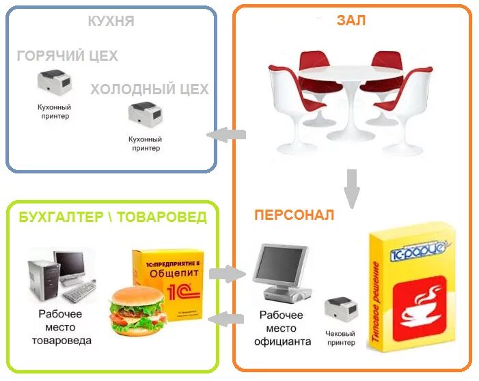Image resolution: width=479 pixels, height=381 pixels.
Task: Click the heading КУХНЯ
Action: click(111, 21)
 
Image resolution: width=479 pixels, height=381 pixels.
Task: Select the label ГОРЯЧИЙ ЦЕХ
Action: click(67, 56)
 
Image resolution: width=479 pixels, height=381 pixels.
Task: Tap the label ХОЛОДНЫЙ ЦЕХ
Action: click(150, 89)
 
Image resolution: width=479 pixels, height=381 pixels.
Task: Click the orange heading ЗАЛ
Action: click(351, 20)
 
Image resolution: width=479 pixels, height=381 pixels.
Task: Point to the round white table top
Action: click(350, 70)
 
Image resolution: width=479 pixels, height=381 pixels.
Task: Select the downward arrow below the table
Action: click(352, 188)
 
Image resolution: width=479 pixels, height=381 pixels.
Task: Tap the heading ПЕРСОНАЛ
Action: click(295, 216)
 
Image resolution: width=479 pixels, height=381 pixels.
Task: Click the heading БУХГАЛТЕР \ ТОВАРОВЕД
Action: click(113, 217)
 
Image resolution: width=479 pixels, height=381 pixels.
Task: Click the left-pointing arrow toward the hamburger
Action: click(226, 318)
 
